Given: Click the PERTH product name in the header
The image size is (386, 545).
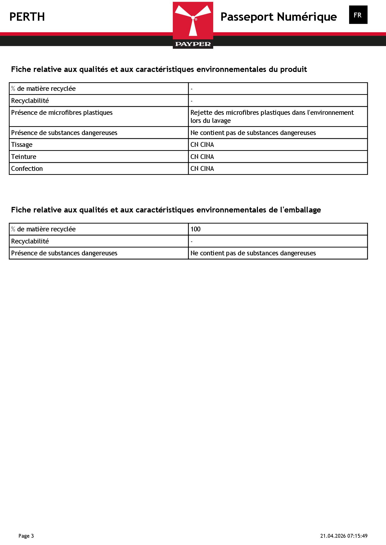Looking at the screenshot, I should (27, 17).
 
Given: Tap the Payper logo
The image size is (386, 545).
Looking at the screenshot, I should (193, 25).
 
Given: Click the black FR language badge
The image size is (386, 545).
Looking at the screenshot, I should (358, 15).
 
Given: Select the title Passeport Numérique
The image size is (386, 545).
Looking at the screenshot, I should (278, 17).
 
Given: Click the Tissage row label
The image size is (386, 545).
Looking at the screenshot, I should (22, 145).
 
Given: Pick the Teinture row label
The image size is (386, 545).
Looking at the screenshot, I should (23, 157).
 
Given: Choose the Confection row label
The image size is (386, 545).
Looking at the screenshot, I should (27, 169).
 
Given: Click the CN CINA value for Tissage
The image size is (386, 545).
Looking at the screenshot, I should (202, 145).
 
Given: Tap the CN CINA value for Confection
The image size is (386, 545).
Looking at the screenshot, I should (202, 169).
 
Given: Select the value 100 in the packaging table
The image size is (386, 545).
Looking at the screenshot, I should (195, 229).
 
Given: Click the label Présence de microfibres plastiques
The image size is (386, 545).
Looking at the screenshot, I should (62, 113).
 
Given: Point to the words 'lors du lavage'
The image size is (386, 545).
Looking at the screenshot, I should (210, 121).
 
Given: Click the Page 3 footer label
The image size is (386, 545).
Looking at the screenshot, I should (26, 536).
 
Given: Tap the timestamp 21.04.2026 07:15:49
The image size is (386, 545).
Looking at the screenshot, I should (344, 536).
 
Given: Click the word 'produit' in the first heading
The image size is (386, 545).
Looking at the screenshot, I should (293, 69).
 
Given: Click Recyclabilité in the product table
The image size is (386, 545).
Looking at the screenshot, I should (30, 101).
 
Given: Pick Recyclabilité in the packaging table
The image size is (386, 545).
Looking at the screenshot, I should (30, 241).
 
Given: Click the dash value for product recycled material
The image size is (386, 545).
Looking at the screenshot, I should (192, 89).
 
